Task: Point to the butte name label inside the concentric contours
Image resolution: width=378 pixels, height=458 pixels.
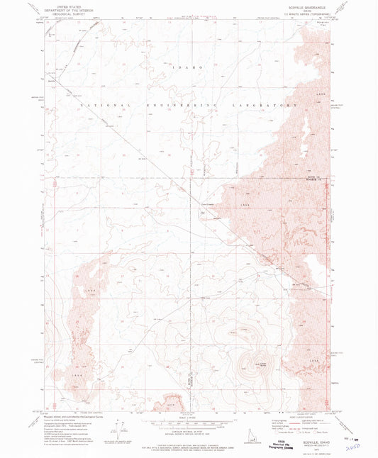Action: tap(251, 364)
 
